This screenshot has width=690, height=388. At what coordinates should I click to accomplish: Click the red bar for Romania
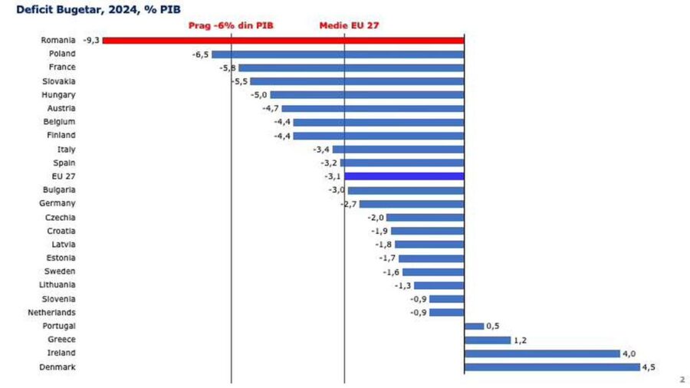[x=284, y=40]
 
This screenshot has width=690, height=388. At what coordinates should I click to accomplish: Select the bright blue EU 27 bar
[x=404, y=176]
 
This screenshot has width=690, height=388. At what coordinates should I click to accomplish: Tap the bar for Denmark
[x=552, y=367]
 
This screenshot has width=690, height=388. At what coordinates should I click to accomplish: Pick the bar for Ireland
[x=542, y=353]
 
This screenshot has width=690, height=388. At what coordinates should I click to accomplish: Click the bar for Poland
[x=337, y=54]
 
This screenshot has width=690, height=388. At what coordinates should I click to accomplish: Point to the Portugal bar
[x=474, y=326]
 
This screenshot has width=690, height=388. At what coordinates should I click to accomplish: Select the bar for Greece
[x=487, y=340]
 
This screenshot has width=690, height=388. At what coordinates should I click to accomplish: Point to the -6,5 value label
[x=200, y=54]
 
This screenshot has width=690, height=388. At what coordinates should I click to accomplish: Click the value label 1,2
[x=521, y=340]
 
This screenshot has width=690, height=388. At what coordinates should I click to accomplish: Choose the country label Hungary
[x=58, y=95]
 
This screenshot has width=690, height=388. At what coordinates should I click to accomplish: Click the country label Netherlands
[x=51, y=313]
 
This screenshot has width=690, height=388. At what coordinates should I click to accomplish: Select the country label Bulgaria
[x=58, y=190]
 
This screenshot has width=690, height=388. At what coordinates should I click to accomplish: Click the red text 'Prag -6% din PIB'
[x=231, y=25]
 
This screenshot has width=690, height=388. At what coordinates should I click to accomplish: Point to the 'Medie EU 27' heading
[x=349, y=25]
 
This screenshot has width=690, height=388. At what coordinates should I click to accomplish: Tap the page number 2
[x=682, y=380]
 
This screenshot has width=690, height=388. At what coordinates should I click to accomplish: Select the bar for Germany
[x=411, y=204]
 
